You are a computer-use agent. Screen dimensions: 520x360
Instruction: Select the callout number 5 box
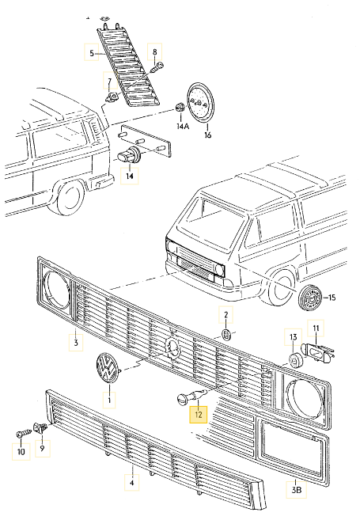click(x=92, y=53)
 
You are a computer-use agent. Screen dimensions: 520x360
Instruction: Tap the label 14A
click(x=183, y=126)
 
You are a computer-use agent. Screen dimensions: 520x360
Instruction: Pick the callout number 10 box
click(x=21, y=453)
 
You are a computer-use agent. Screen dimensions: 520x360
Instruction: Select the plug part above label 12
click(x=189, y=397)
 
